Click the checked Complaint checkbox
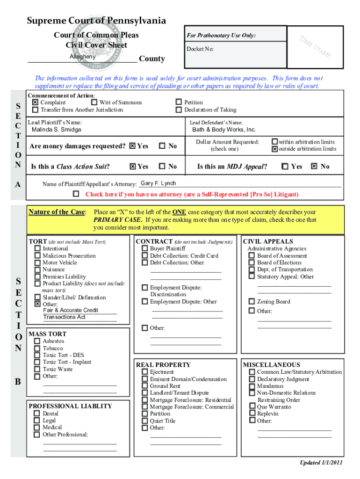click(x=35, y=102)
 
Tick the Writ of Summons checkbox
click(x=94, y=102)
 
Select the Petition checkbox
click(x=178, y=102)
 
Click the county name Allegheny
click(x=82, y=57)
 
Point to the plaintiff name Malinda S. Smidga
click(x=56, y=130)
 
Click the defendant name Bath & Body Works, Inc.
click(x=224, y=130)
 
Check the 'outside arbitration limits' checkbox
click(x=275, y=149)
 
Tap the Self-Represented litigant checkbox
click(x=76, y=194)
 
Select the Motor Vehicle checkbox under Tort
click(x=37, y=263)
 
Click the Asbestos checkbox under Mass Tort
click(x=37, y=341)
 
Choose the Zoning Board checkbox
click(x=252, y=302)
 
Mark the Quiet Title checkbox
click(x=145, y=421)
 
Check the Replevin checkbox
click(x=252, y=414)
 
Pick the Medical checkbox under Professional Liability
click(x=37, y=428)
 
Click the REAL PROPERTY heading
click(x=163, y=365)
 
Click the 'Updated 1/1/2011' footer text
click(x=321, y=463)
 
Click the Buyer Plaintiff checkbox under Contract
click(x=145, y=249)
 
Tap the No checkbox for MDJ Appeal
click(x=314, y=166)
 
